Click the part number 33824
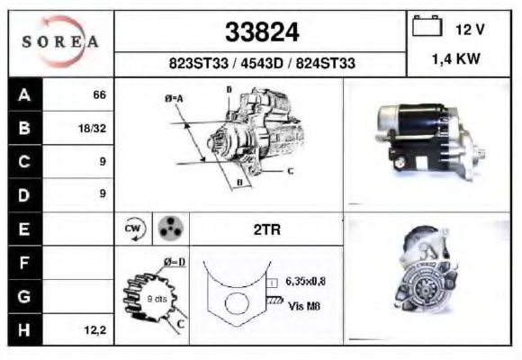(262, 32)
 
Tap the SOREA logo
(60, 41)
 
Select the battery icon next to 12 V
(427, 25)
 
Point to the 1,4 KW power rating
(455, 58)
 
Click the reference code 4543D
(262, 63)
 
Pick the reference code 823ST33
(198, 63)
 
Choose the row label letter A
(24, 94)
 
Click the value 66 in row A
(99, 94)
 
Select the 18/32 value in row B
(92, 128)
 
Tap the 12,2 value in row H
(94, 330)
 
